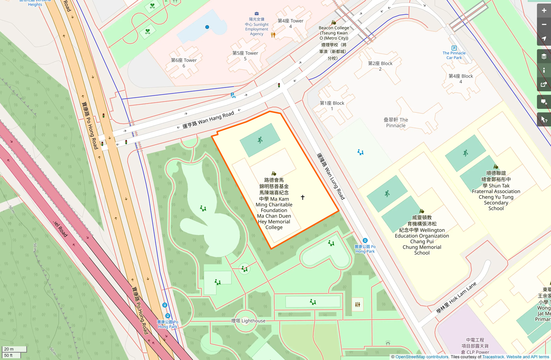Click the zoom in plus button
(x=544, y=11)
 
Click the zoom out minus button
(x=544, y=25)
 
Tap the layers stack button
(x=544, y=56)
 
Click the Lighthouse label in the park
(x=248, y=321)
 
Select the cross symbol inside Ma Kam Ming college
(x=303, y=197)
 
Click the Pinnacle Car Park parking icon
(x=454, y=48)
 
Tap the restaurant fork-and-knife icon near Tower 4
(x=273, y=35)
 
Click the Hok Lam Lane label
(x=456, y=298)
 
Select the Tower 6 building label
(x=184, y=63)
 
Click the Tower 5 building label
(x=245, y=56)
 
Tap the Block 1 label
(x=332, y=106)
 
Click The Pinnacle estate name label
(x=396, y=123)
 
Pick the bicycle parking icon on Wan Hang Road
(x=233, y=95)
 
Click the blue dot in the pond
(x=207, y=27)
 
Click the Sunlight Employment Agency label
(x=256, y=27)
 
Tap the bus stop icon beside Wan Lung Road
(x=365, y=241)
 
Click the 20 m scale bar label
(x=9, y=349)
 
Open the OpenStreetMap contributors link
(x=422, y=357)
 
